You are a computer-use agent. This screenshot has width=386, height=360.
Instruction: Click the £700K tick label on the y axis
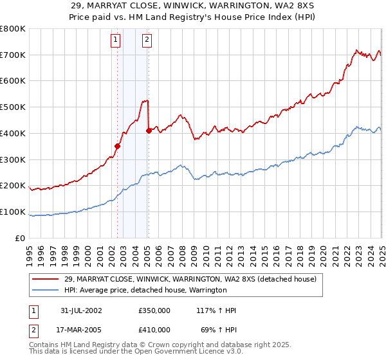(13, 55)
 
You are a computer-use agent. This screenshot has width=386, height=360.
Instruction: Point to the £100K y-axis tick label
(13, 212)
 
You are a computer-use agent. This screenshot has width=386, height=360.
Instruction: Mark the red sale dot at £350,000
(118, 146)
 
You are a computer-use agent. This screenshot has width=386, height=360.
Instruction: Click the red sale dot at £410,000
(149, 130)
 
